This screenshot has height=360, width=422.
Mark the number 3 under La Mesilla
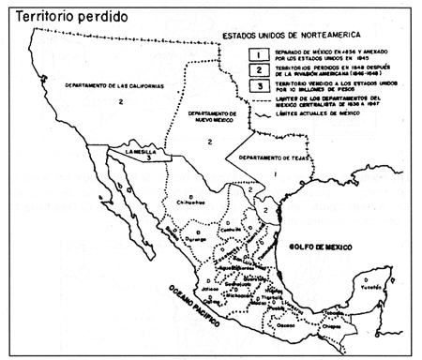tap(148, 159)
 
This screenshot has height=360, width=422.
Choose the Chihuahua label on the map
tap(193, 201)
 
